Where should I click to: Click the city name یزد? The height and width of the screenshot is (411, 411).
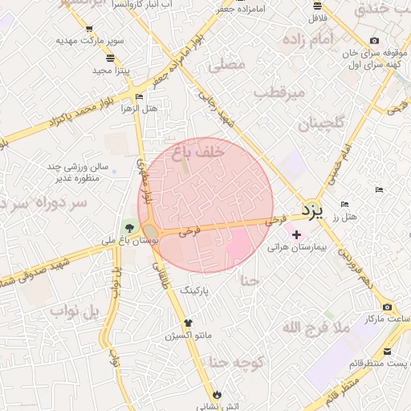tap(313, 210)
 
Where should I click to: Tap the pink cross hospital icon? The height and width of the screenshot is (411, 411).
tap(297, 234)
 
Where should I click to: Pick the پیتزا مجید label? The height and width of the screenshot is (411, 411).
tap(111, 71)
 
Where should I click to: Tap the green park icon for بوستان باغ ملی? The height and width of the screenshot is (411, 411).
tap(128, 226)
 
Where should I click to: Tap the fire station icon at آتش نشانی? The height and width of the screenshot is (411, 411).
tap(218, 393)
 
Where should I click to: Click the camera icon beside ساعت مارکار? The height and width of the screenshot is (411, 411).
tap(387, 307)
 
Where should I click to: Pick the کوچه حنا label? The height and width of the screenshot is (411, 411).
tap(237, 362)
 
